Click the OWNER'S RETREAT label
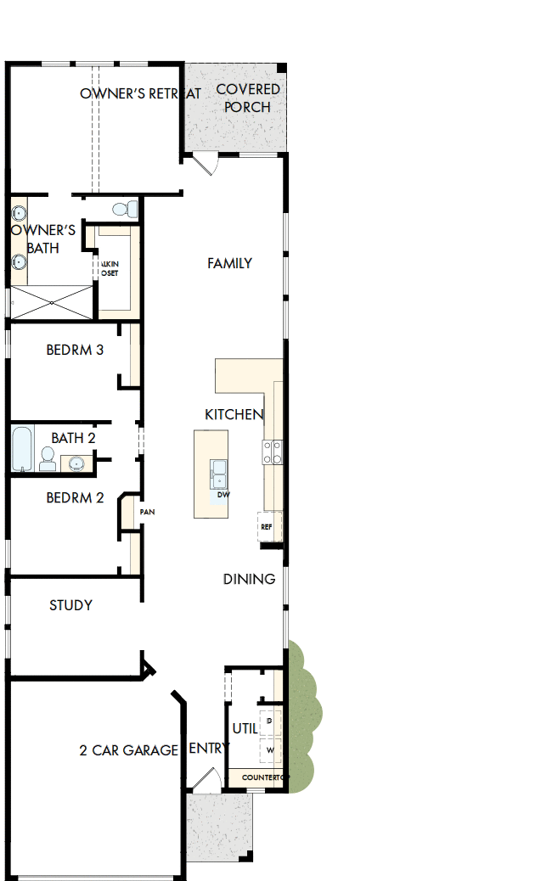[x=140, y=93]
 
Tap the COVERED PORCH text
[x=248, y=98]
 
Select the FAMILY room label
[x=229, y=264]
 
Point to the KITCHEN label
[x=234, y=414]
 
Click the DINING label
[x=249, y=579]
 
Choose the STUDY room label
[x=70, y=605]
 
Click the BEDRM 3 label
[x=75, y=349]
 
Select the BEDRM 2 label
[x=75, y=497]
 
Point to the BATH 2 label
[x=73, y=438]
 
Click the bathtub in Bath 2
[x=23, y=449]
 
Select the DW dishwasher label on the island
[x=223, y=494]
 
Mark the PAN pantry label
[x=147, y=512]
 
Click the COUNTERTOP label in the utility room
[x=263, y=777]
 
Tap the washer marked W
[x=270, y=750]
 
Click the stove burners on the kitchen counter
[x=273, y=452]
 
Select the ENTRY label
[x=207, y=748]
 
